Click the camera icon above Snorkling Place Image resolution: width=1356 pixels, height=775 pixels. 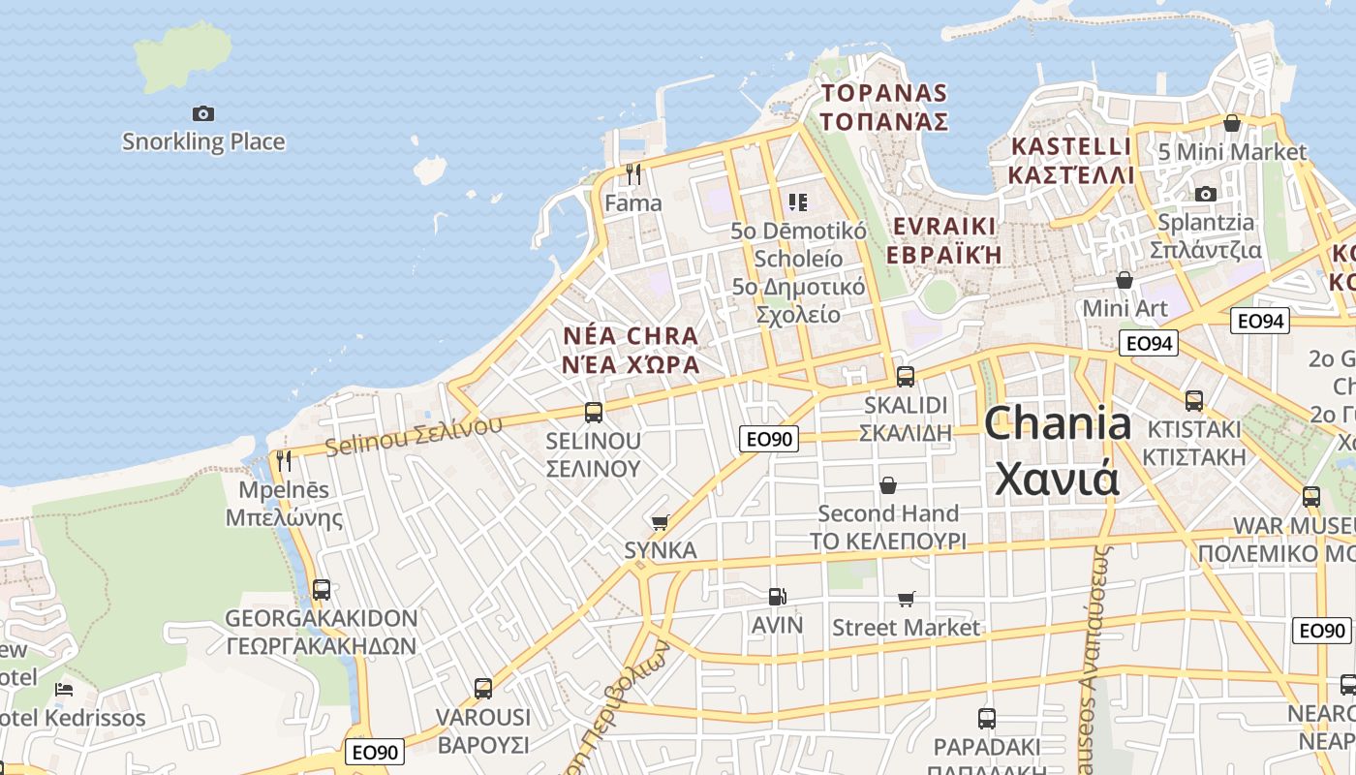coord(202,113)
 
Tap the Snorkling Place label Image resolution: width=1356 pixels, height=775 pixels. coord(203,141)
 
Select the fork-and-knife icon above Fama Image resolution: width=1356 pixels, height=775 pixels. coord(633,173)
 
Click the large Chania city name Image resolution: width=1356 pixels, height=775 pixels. coord(1058,451)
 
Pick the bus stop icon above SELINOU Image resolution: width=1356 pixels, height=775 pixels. coord(594,413)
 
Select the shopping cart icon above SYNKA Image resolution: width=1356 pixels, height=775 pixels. coord(661,523)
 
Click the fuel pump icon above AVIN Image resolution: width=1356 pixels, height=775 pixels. coord(777,597)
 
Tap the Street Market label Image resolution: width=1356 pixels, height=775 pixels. coord(907,628)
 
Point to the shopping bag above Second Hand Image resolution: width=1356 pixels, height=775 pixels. coord(888,484)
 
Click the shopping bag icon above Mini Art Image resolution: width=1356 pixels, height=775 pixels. coord(1125,280)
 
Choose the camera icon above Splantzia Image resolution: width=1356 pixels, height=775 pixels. coord(1206,195)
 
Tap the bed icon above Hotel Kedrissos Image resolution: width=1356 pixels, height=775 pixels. coord(64,690)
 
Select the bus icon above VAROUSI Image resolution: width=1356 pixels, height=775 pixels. coord(483,689)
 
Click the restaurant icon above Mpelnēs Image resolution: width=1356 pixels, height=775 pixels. coord(283,460)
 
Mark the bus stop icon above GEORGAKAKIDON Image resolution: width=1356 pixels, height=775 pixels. coord(322,589)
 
